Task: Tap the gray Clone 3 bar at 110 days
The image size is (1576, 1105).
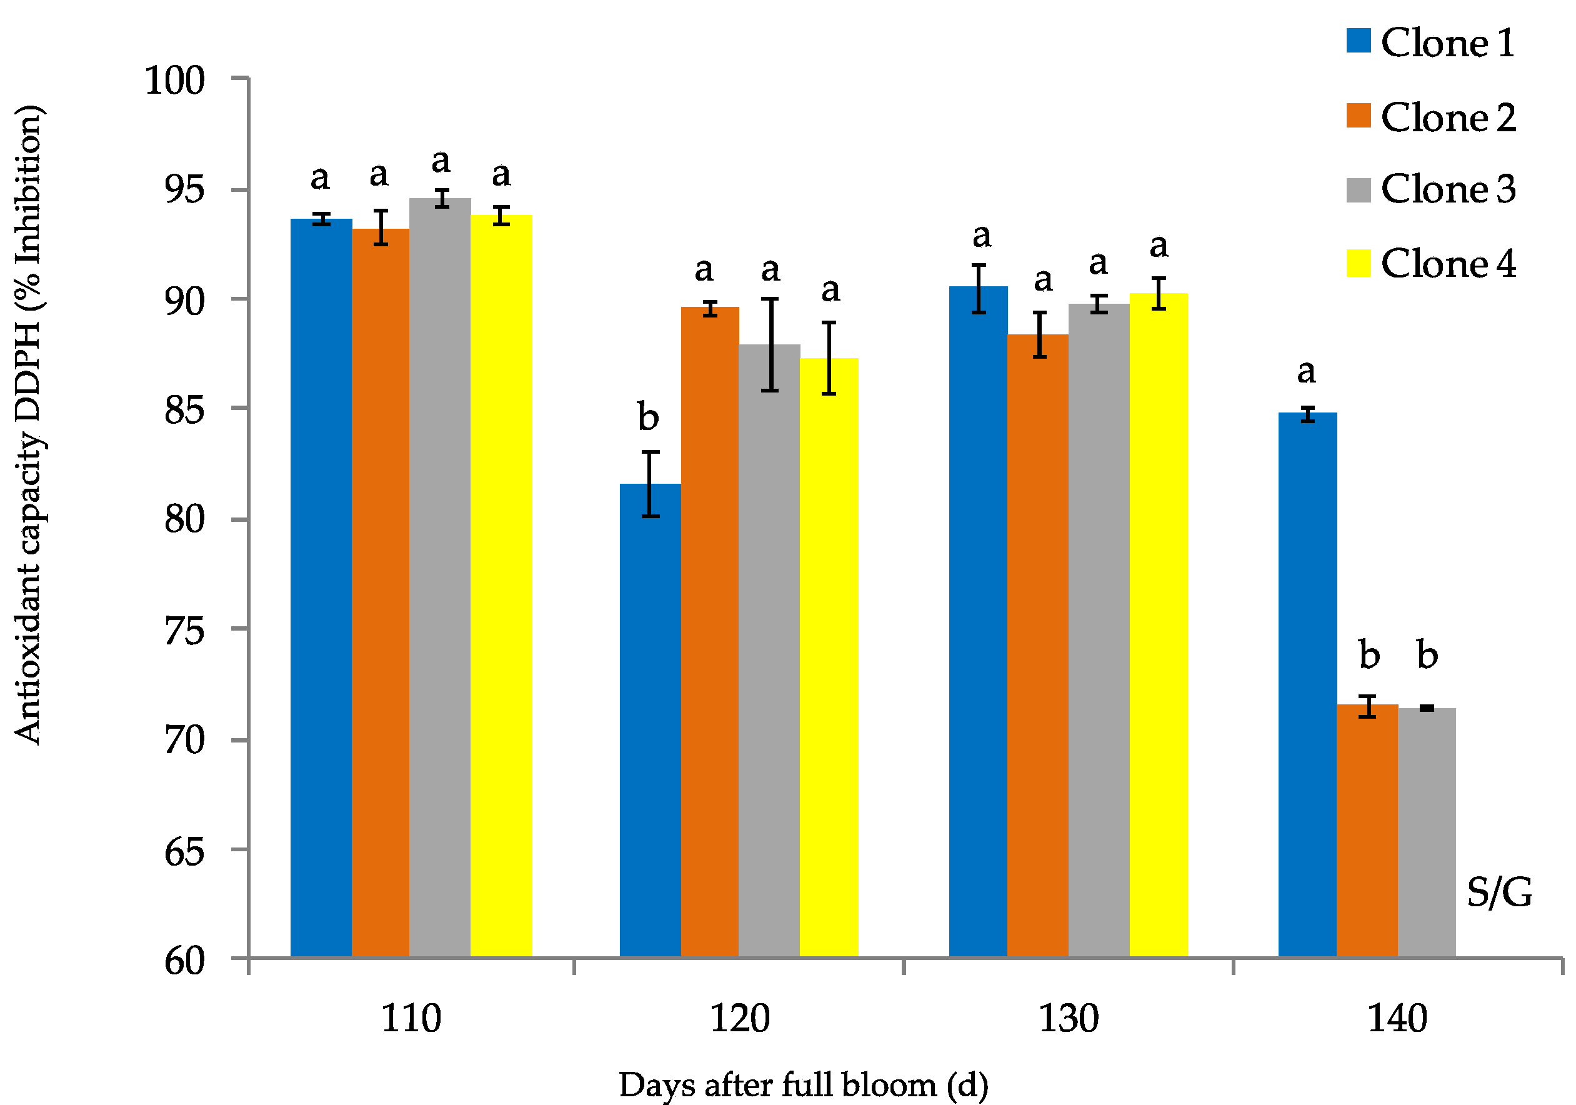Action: coord(439,576)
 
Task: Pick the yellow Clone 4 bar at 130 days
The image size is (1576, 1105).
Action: coord(1158,624)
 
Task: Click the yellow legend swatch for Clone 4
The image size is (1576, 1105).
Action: coord(1359,264)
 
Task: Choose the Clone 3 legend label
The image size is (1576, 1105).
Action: coord(1448,189)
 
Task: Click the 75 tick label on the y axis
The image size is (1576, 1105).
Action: coord(184,630)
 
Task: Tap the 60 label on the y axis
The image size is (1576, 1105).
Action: coord(184,961)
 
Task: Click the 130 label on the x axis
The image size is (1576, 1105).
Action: coord(1068,1019)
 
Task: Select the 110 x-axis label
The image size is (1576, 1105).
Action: coord(411,1019)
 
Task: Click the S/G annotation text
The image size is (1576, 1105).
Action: coord(1499,893)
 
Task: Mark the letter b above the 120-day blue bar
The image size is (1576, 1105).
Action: coord(648,417)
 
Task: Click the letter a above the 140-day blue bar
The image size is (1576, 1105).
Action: coord(1305,371)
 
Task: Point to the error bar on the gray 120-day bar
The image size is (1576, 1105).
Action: coord(770,344)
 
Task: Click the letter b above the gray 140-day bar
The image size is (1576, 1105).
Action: coord(1427,655)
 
